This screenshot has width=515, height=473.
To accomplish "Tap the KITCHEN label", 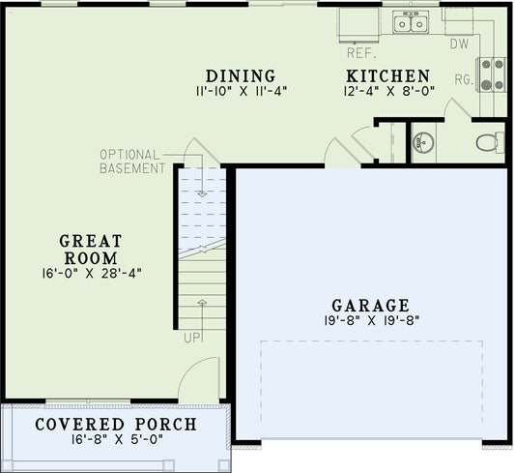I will pos(388,76).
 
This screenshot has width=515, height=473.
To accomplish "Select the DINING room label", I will pos(241,76).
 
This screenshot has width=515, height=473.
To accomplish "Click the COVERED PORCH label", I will pos(116,425).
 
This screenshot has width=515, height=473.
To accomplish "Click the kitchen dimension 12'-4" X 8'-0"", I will pos(388,92).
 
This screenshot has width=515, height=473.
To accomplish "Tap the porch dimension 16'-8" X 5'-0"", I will pos(116,441).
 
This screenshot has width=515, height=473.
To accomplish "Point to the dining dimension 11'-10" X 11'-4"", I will pos(241,92).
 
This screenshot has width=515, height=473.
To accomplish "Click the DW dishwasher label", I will pos(460,44).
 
